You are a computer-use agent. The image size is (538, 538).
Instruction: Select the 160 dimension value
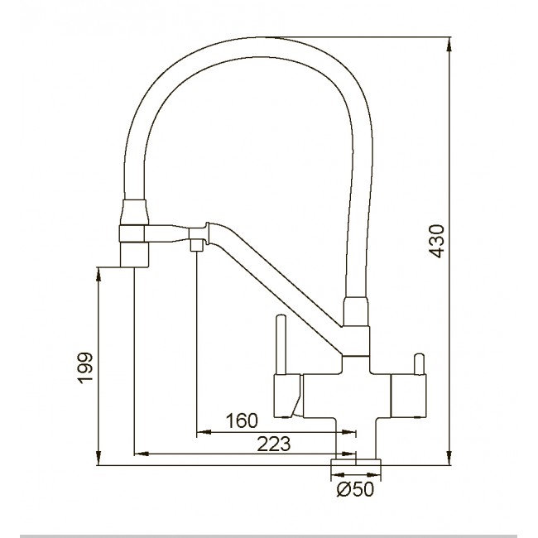[x=242, y=420]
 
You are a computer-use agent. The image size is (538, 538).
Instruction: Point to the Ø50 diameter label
[x=356, y=490]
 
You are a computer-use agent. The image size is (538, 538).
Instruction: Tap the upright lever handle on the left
[x=280, y=343]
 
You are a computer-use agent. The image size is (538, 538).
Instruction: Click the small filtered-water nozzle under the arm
[x=197, y=245]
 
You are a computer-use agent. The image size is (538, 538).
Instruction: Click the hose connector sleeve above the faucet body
[x=353, y=315]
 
